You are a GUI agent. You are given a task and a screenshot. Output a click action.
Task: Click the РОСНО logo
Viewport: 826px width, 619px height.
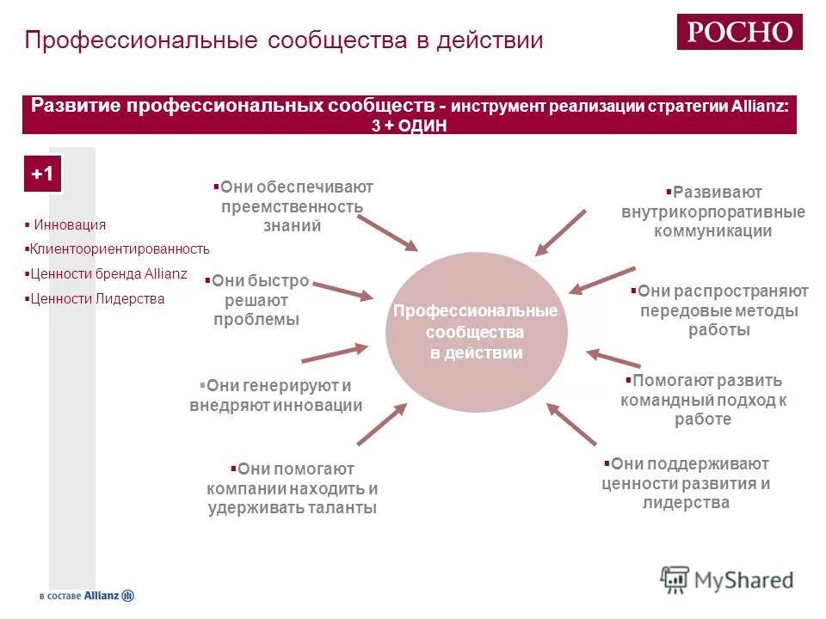coord(739,32)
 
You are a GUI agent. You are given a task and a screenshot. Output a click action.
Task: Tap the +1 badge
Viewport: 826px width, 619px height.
coord(42,174)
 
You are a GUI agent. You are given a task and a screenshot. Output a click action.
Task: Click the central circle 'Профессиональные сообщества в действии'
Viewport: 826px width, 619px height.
coord(476,332)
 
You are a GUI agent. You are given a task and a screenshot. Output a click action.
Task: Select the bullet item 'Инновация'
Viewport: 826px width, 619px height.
coord(70,224)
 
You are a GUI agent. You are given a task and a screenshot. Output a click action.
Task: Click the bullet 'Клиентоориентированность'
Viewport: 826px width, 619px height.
coord(120,249)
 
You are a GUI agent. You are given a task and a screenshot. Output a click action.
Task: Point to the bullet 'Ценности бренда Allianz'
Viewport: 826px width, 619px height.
coord(108,274)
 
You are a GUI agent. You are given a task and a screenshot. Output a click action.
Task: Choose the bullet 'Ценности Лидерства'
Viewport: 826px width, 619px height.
coord(97,299)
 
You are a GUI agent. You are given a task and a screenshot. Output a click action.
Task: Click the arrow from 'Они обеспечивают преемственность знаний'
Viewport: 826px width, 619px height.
coord(386,232)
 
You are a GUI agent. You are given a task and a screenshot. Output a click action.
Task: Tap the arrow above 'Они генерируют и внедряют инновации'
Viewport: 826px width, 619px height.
coord(334,353)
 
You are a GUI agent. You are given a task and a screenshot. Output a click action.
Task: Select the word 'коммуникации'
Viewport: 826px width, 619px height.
coord(712,231)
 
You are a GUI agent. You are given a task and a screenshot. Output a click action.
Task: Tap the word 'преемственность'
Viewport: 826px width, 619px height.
coord(292,206)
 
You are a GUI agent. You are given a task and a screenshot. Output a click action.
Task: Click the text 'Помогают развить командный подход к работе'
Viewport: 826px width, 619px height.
coord(704,400)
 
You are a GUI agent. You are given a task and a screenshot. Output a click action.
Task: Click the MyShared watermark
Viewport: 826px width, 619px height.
coord(727,579)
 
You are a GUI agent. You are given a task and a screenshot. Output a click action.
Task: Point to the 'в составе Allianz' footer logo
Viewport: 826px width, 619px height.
coord(86,595)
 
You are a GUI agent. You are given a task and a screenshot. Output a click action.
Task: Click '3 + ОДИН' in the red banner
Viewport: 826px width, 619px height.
coord(410,125)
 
